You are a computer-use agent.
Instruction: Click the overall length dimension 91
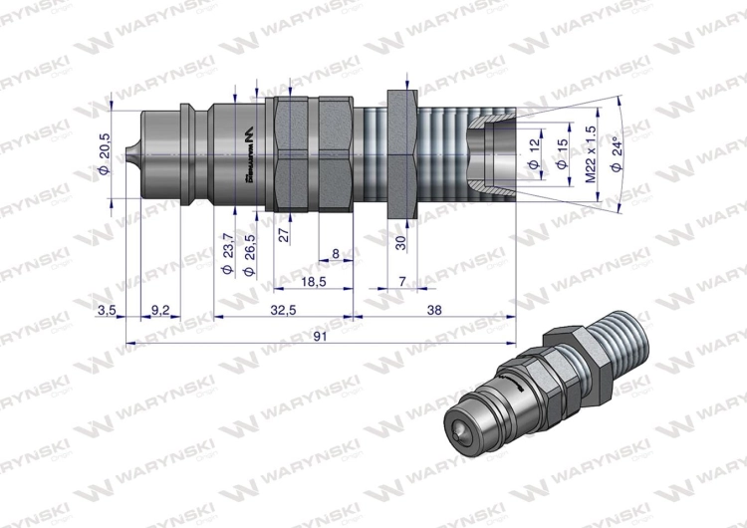tap(320, 337)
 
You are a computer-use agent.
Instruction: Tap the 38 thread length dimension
tap(434, 311)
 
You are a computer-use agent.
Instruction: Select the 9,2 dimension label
tap(159, 311)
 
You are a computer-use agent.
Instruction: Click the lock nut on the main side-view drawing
tap(403, 151)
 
